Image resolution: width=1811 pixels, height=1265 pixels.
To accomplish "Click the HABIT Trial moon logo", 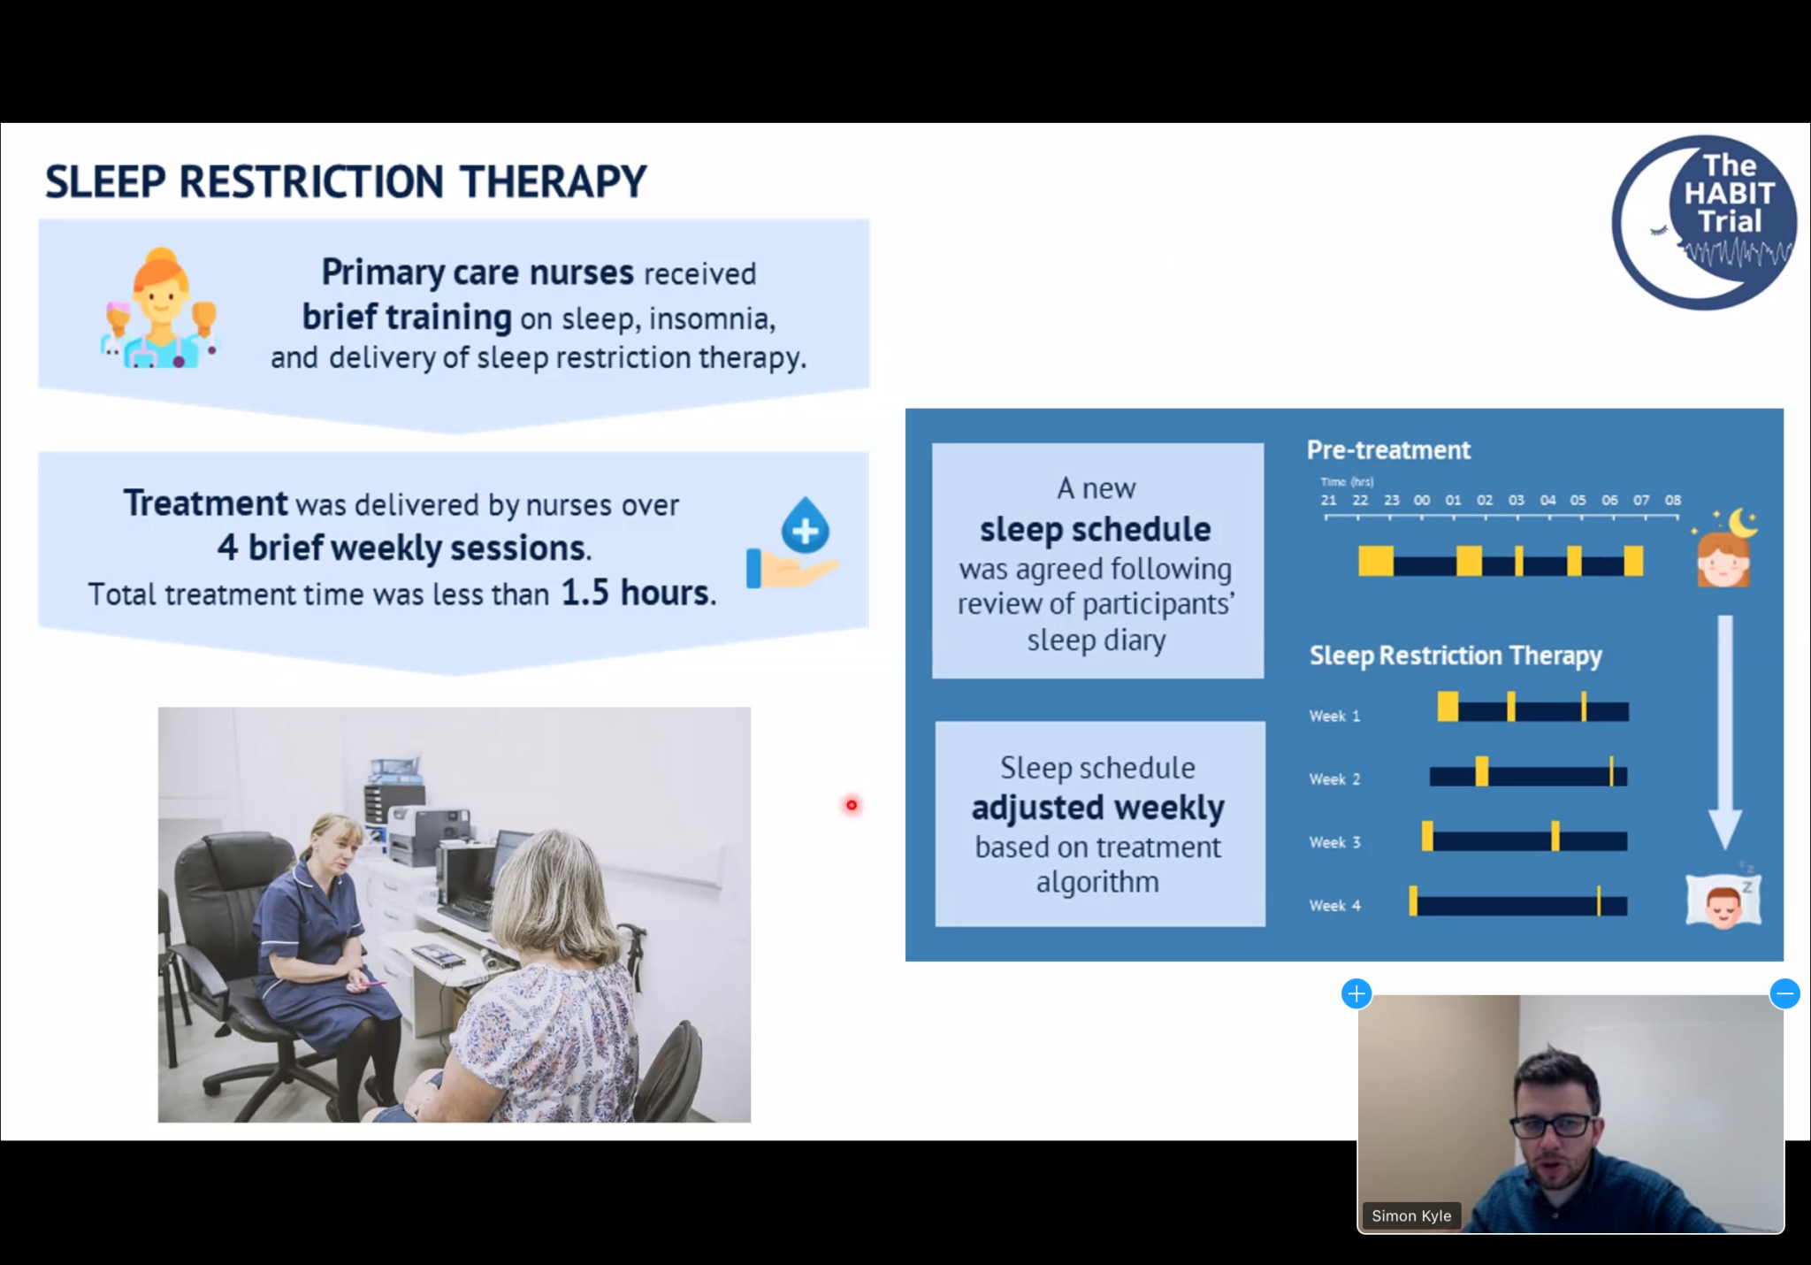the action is pos(1704,222).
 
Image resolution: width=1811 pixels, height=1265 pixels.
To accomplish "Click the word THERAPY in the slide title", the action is pos(554,182).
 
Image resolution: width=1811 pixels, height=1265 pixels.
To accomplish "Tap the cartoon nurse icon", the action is pos(159,309).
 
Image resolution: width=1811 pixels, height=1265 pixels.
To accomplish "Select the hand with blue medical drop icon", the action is pos(792,542).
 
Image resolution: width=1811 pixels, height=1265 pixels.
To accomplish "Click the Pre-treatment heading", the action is pos(1388,450).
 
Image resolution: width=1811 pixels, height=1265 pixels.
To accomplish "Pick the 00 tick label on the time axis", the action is pos(1422,500).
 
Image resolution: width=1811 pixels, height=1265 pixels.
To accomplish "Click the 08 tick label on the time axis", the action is pos(1673,500).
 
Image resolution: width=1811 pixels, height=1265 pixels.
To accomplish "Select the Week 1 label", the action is pos(1334,716).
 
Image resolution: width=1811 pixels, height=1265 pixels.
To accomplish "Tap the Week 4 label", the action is pos(1334,906).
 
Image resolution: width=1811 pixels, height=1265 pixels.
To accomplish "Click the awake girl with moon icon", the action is pos(1725,548).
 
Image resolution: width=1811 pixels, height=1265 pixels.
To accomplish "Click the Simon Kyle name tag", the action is pos(1411,1215).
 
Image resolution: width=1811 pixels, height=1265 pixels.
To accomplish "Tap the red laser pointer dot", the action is pos(852,805).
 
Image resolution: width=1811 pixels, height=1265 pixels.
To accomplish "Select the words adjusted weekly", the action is pos(1098,807).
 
